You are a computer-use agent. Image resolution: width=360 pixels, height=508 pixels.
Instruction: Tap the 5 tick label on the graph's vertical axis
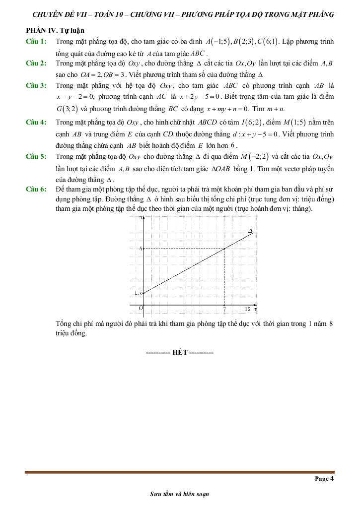pyautogui.click(x=141, y=249)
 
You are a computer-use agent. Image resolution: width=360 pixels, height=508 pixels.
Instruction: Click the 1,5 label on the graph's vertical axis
pyautogui.click(x=139, y=293)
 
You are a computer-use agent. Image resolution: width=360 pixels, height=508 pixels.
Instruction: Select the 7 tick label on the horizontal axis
pyautogui.click(x=224, y=310)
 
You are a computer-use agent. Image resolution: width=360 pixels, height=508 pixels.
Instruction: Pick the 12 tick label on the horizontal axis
pyautogui.click(x=248, y=309)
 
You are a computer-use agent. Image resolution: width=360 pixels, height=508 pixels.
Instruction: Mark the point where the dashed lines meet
pyautogui.click(x=224, y=249)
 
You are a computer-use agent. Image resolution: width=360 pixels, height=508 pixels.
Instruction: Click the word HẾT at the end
pyautogui.click(x=179, y=352)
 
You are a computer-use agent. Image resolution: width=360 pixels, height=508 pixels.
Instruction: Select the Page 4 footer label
pyautogui.click(x=324, y=479)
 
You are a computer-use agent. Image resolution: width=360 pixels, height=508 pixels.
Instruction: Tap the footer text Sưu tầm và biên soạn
pyautogui.click(x=179, y=495)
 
